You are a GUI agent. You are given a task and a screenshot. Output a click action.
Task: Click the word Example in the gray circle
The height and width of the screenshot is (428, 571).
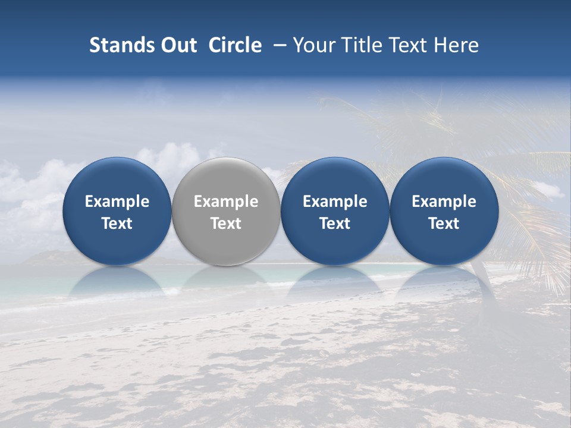coord(226,202)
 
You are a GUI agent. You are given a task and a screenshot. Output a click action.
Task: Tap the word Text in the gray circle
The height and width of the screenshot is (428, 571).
coord(226,224)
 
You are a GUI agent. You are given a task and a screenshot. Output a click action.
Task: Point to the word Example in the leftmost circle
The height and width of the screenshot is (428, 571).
coord(117,202)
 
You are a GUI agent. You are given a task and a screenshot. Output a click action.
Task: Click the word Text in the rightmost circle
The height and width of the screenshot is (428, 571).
coord(444,224)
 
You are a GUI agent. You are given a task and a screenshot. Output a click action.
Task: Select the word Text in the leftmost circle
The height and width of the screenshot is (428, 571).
coord(117,224)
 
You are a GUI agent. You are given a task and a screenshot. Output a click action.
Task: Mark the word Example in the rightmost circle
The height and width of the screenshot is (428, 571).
coord(444,202)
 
